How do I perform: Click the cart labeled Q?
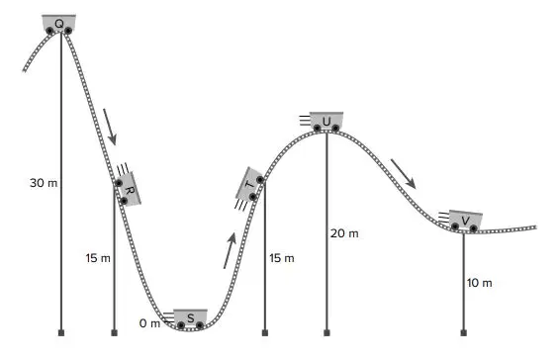click(x=59, y=24)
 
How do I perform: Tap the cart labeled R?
click(x=128, y=189)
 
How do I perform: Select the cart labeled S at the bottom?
click(x=190, y=318)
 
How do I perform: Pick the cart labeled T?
click(x=250, y=184)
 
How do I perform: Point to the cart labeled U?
click(x=326, y=122)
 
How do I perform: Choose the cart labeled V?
click(x=465, y=221)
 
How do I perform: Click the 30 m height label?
click(x=44, y=183)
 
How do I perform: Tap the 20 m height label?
click(x=344, y=233)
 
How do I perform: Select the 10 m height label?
click(x=480, y=283)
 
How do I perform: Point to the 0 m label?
click(x=149, y=323)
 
